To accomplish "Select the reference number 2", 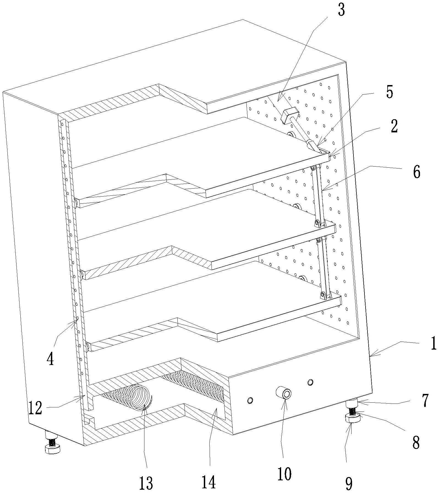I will point(394,126).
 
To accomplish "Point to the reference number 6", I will point(416,172).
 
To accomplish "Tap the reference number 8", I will point(416,442).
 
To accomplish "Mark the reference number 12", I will point(35,408).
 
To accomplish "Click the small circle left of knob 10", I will point(250,400).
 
